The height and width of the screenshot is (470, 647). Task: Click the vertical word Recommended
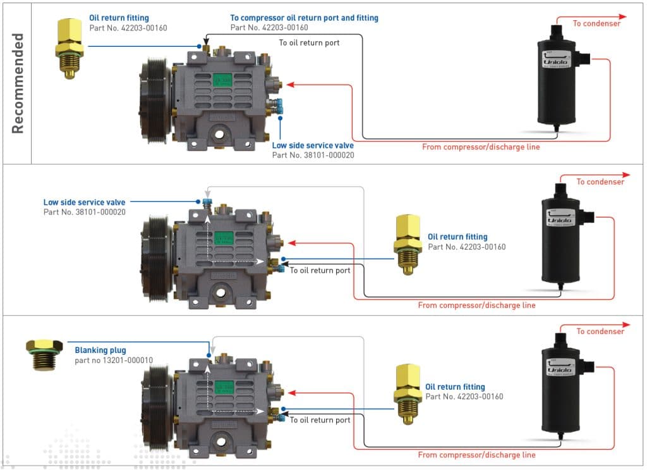click(x=18, y=83)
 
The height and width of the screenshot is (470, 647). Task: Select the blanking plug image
click(x=44, y=354)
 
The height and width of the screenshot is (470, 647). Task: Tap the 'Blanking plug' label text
click(x=100, y=350)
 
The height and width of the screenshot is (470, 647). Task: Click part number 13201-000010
click(x=114, y=361)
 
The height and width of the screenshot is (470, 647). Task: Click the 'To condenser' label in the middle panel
click(x=600, y=182)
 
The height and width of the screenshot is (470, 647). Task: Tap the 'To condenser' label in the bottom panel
click(x=600, y=331)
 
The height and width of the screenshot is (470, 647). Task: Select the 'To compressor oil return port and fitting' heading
click(x=304, y=18)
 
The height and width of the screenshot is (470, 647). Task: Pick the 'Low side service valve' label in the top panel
click(x=313, y=145)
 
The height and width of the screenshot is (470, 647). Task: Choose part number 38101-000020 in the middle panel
click(x=85, y=212)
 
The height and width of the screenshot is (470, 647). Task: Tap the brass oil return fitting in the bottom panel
click(x=408, y=393)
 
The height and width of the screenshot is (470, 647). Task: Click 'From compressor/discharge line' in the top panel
click(x=481, y=147)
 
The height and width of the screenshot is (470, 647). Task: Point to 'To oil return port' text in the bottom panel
click(x=320, y=420)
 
